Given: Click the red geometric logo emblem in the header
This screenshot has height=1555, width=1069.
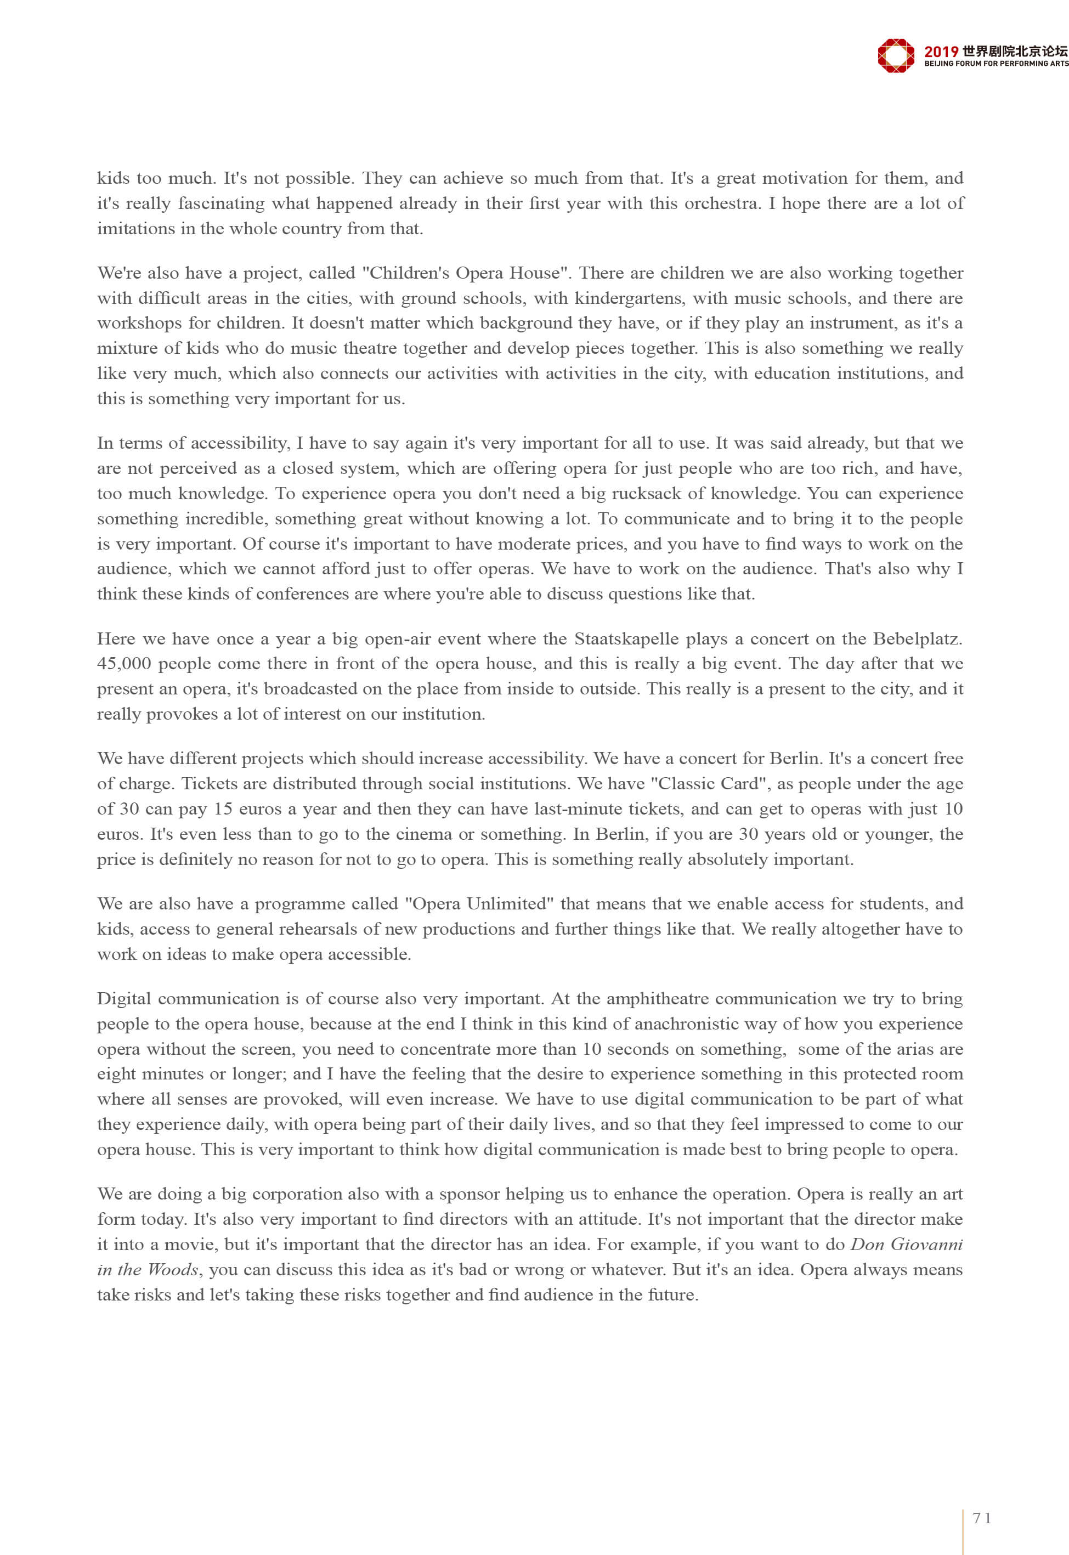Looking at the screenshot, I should coord(896,55).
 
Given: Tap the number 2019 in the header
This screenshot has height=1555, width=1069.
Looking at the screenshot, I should coord(941,51).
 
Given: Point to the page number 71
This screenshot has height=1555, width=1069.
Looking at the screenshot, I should coord(982,1518).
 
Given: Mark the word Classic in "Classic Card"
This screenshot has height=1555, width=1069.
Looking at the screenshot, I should coord(688,783).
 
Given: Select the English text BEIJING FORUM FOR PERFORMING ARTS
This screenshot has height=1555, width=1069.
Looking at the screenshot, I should coord(996,64).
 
